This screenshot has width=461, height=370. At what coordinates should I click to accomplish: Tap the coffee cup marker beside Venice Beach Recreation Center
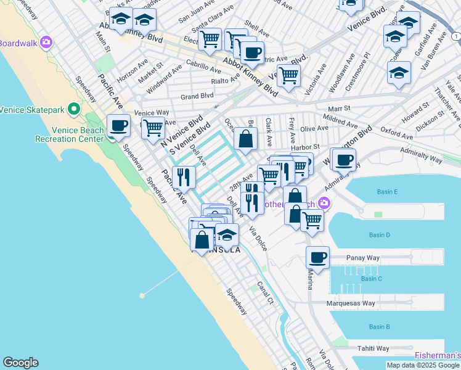point(118,126)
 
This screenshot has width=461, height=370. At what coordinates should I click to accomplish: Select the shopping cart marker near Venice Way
point(153,128)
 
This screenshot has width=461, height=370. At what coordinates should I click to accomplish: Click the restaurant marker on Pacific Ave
point(184,178)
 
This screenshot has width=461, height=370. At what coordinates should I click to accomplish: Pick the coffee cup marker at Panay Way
point(317,258)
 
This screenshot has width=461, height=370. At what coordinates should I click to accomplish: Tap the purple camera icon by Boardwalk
point(46,43)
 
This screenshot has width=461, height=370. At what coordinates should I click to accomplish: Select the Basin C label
point(371,279)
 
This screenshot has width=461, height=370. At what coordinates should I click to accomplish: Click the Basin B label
point(379,327)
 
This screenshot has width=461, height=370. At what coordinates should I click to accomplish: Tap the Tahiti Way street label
point(372,348)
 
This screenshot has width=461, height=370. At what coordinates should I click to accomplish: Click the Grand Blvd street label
point(197,97)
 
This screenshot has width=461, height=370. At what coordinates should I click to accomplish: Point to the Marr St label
point(338,108)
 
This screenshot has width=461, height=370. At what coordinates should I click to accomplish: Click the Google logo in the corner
point(20,363)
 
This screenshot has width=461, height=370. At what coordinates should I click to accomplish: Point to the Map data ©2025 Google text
point(423,365)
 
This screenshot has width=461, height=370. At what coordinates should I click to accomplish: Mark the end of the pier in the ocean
point(142,295)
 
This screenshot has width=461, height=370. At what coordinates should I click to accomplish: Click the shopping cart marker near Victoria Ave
point(288,76)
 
